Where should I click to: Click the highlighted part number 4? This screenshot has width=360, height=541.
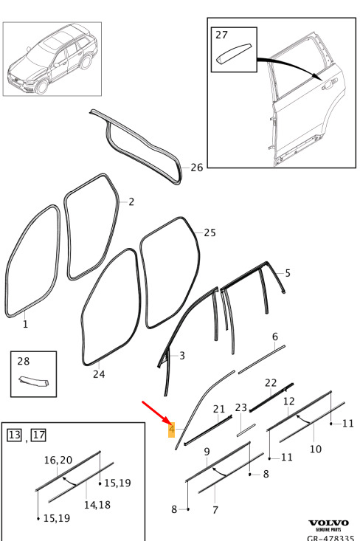(172, 430)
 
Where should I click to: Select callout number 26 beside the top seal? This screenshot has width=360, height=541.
(196, 168)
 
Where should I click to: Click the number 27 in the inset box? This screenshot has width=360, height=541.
(222, 35)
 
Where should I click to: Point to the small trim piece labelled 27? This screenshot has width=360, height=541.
(234, 53)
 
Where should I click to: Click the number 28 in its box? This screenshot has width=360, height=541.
(24, 361)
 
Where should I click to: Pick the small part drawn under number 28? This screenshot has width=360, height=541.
(33, 382)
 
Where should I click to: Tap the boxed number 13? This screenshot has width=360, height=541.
(15, 435)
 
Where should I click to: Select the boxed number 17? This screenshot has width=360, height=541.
(38, 435)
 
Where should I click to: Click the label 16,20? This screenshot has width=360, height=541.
(58, 460)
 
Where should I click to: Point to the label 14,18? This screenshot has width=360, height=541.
(97, 505)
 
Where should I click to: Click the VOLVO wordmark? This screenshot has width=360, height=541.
(328, 523)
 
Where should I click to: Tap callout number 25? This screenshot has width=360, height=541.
(210, 232)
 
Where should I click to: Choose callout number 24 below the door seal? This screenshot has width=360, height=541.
(99, 374)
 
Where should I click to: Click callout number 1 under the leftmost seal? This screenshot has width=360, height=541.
(25, 324)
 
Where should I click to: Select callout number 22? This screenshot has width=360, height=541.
(271, 382)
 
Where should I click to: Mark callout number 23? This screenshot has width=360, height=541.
(241, 408)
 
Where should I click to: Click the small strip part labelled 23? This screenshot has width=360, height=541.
(246, 430)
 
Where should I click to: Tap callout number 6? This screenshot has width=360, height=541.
(275, 337)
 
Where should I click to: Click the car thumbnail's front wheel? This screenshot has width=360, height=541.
(41, 86)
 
